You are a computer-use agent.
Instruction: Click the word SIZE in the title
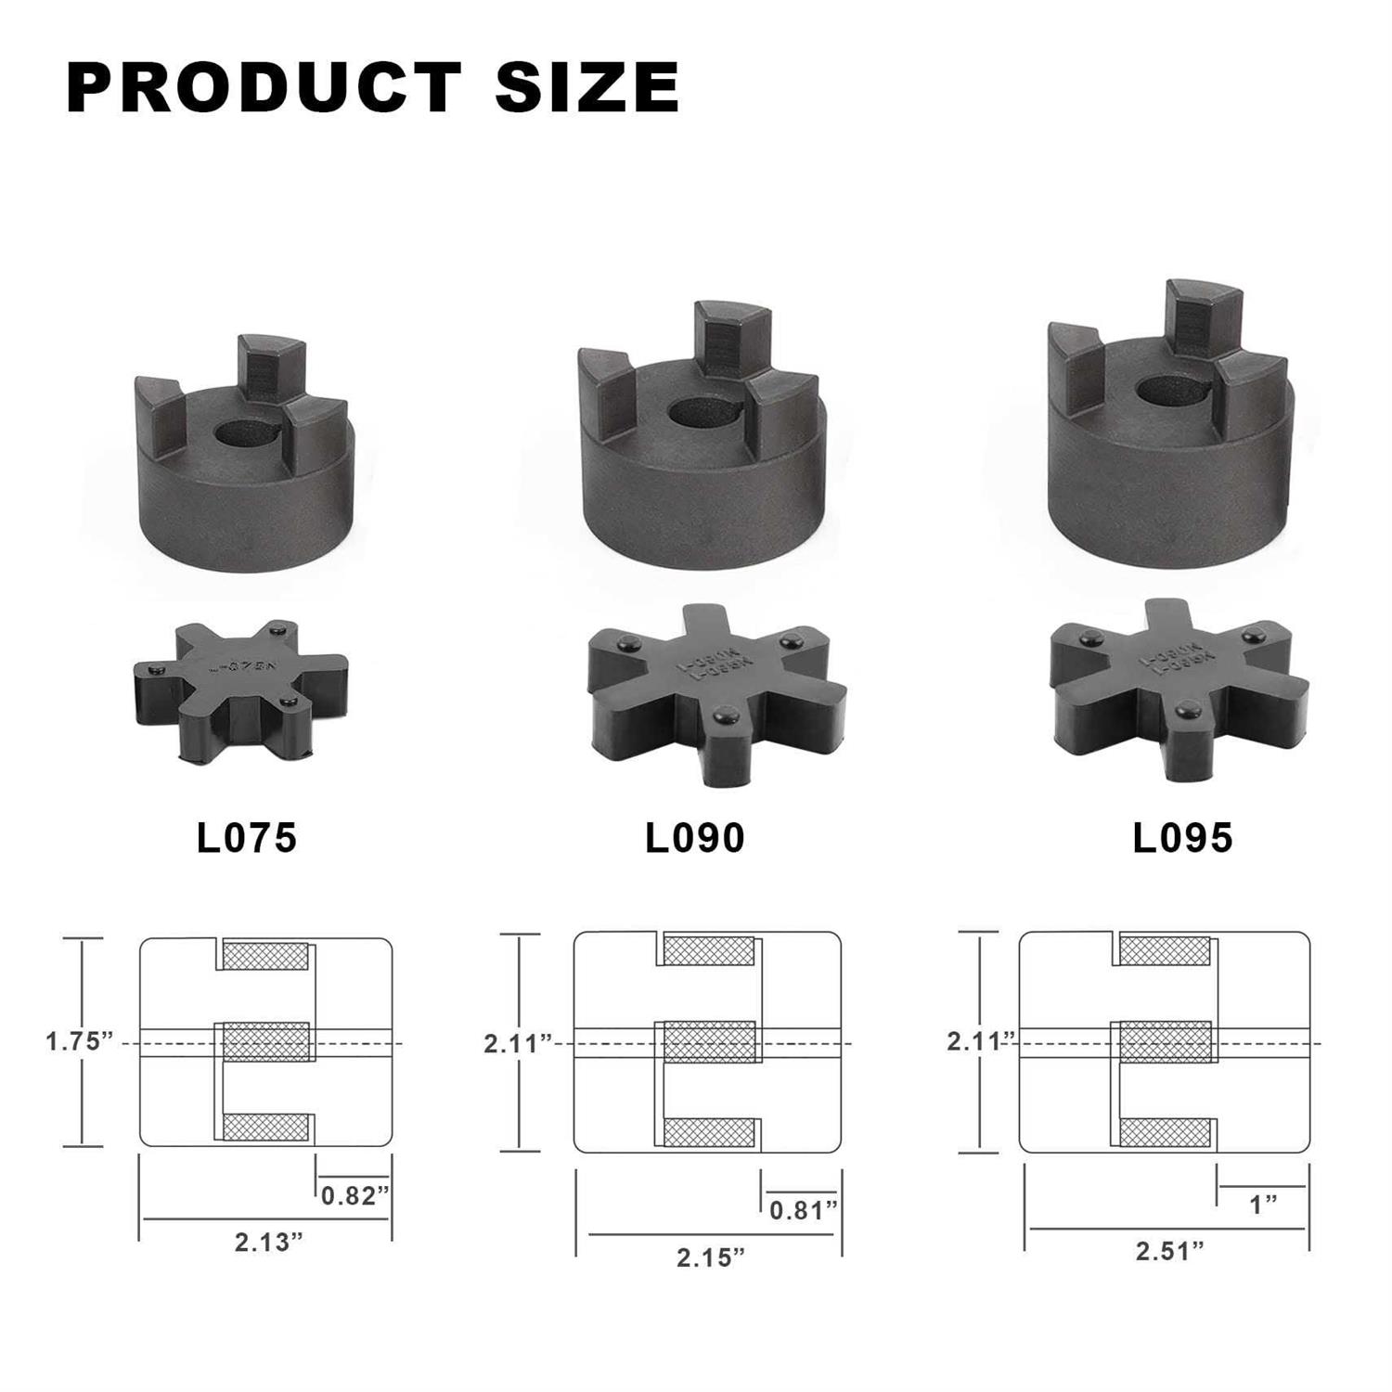click(x=586, y=88)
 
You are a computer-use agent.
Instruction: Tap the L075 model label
click(x=247, y=837)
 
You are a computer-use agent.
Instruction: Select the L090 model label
click(x=695, y=838)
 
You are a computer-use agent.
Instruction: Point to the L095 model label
click(x=1182, y=837)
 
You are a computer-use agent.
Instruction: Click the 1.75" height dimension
click(x=79, y=1041)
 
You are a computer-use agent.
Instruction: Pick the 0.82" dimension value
click(x=354, y=1195)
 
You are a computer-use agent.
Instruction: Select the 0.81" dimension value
click(x=803, y=1210)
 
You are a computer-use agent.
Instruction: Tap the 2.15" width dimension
click(x=711, y=1257)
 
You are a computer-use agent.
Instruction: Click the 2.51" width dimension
click(x=1169, y=1251)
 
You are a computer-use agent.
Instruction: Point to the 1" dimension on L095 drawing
click(x=1263, y=1205)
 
